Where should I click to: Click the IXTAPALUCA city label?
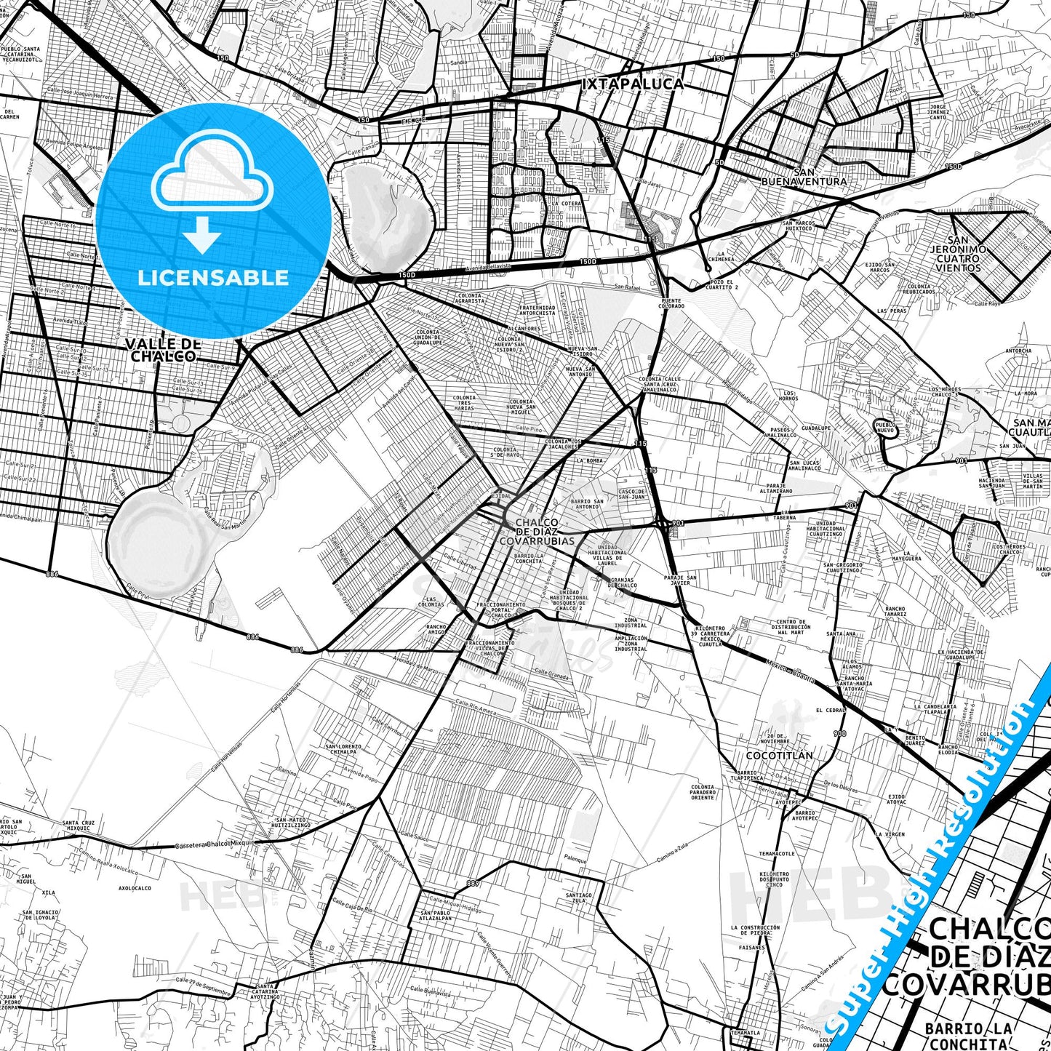(633, 84)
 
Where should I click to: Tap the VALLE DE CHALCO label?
(163, 350)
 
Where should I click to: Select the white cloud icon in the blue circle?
(212, 175)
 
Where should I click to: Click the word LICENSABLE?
(213, 277)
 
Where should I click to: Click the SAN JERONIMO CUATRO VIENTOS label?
(958, 254)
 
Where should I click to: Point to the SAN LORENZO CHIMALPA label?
(343, 750)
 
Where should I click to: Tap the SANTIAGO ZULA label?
(581, 898)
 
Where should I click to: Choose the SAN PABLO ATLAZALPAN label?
(436, 915)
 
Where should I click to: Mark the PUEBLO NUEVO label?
(884, 427)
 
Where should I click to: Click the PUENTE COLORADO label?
(673, 303)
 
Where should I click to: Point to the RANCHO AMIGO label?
(436, 630)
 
